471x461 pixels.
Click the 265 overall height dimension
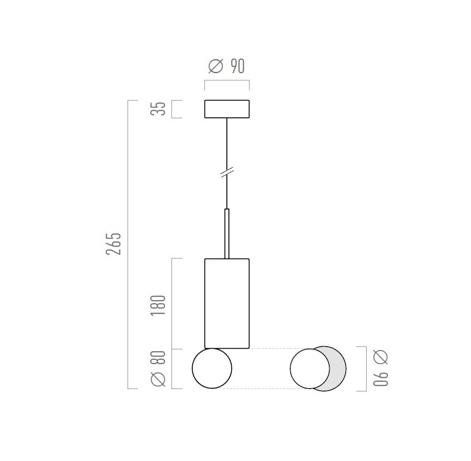[x=113, y=243]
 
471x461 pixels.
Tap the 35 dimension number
[x=158, y=109]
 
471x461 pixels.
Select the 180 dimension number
[x=158, y=306]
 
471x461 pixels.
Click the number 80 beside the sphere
[x=158, y=357]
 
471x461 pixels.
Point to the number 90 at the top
[x=237, y=66]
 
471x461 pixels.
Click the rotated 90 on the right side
[x=381, y=379]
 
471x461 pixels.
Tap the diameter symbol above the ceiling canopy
[x=216, y=66]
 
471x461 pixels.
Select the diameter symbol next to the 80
[x=158, y=379]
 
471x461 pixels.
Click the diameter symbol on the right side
[x=381, y=357]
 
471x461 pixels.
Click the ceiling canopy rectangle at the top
[x=227, y=109]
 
